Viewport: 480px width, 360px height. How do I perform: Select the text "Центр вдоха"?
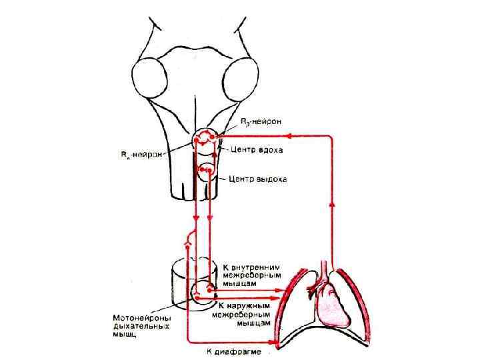pyautogui.click(x=257, y=150)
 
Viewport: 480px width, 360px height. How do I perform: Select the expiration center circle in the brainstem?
pyautogui.click(x=205, y=171)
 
